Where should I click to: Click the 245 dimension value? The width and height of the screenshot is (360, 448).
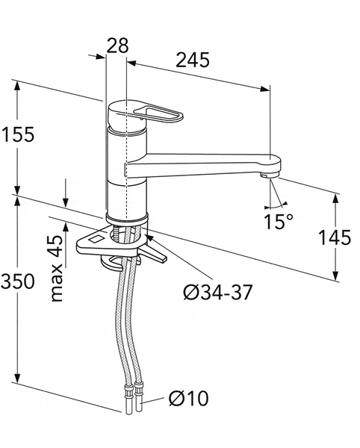point(192,59)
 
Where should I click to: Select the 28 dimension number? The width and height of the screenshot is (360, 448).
point(117,46)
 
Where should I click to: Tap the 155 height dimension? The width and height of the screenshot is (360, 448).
point(16,135)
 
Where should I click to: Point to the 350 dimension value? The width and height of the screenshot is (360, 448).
point(16,281)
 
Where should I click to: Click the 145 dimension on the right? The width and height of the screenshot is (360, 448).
point(334,238)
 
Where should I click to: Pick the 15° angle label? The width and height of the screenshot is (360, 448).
point(279,222)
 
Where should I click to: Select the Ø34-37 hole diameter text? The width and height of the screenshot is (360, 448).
point(217,291)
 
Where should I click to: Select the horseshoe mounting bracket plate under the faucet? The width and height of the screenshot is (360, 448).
point(97,240)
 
